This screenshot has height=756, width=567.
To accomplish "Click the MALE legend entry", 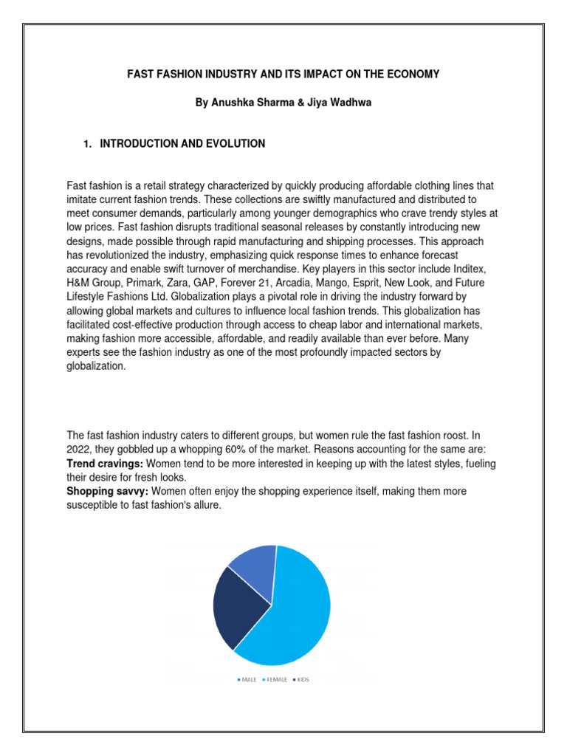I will click(x=247, y=679).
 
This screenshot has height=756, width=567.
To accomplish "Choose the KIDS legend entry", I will click(x=301, y=679).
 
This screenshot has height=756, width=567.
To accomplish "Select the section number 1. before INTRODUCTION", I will click(x=89, y=144).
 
